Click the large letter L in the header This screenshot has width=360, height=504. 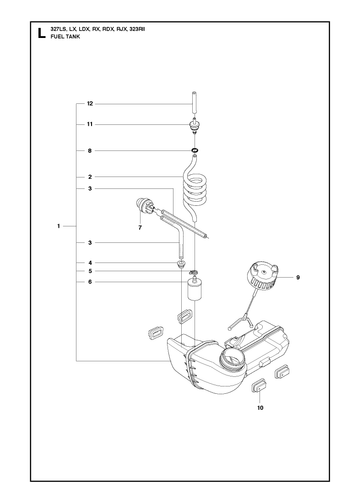pyautogui.click(x=41, y=33)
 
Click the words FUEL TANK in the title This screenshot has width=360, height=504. pyautogui.click(x=65, y=37)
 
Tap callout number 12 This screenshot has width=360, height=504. pyautogui.click(x=90, y=104)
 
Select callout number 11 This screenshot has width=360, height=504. pyautogui.click(x=90, y=124)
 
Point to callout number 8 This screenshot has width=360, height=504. pyautogui.click(x=90, y=151)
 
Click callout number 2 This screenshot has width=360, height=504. pyautogui.click(x=90, y=177)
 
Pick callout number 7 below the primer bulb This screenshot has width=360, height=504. pyautogui.click(x=140, y=228)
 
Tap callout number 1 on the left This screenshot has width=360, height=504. pyautogui.click(x=59, y=226)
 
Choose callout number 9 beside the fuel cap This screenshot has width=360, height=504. pyautogui.click(x=298, y=277)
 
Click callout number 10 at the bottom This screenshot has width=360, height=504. pyautogui.click(x=260, y=408)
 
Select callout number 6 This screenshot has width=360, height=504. pyautogui.click(x=90, y=282)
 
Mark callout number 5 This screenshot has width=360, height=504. pyautogui.click(x=90, y=271)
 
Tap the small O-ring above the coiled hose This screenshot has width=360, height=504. pyautogui.click(x=195, y=149)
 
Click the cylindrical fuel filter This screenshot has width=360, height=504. pyautogui.click(x=194, y=290)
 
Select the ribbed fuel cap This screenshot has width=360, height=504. pyautogui.click(x=263, y=276)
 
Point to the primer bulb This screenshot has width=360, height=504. pyautogui.click(x=143, y=205)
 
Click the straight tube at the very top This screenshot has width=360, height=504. pyautogui.click(x=194, y=103)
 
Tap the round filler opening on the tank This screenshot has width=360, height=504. pyautogui.click(x=232, y=358)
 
